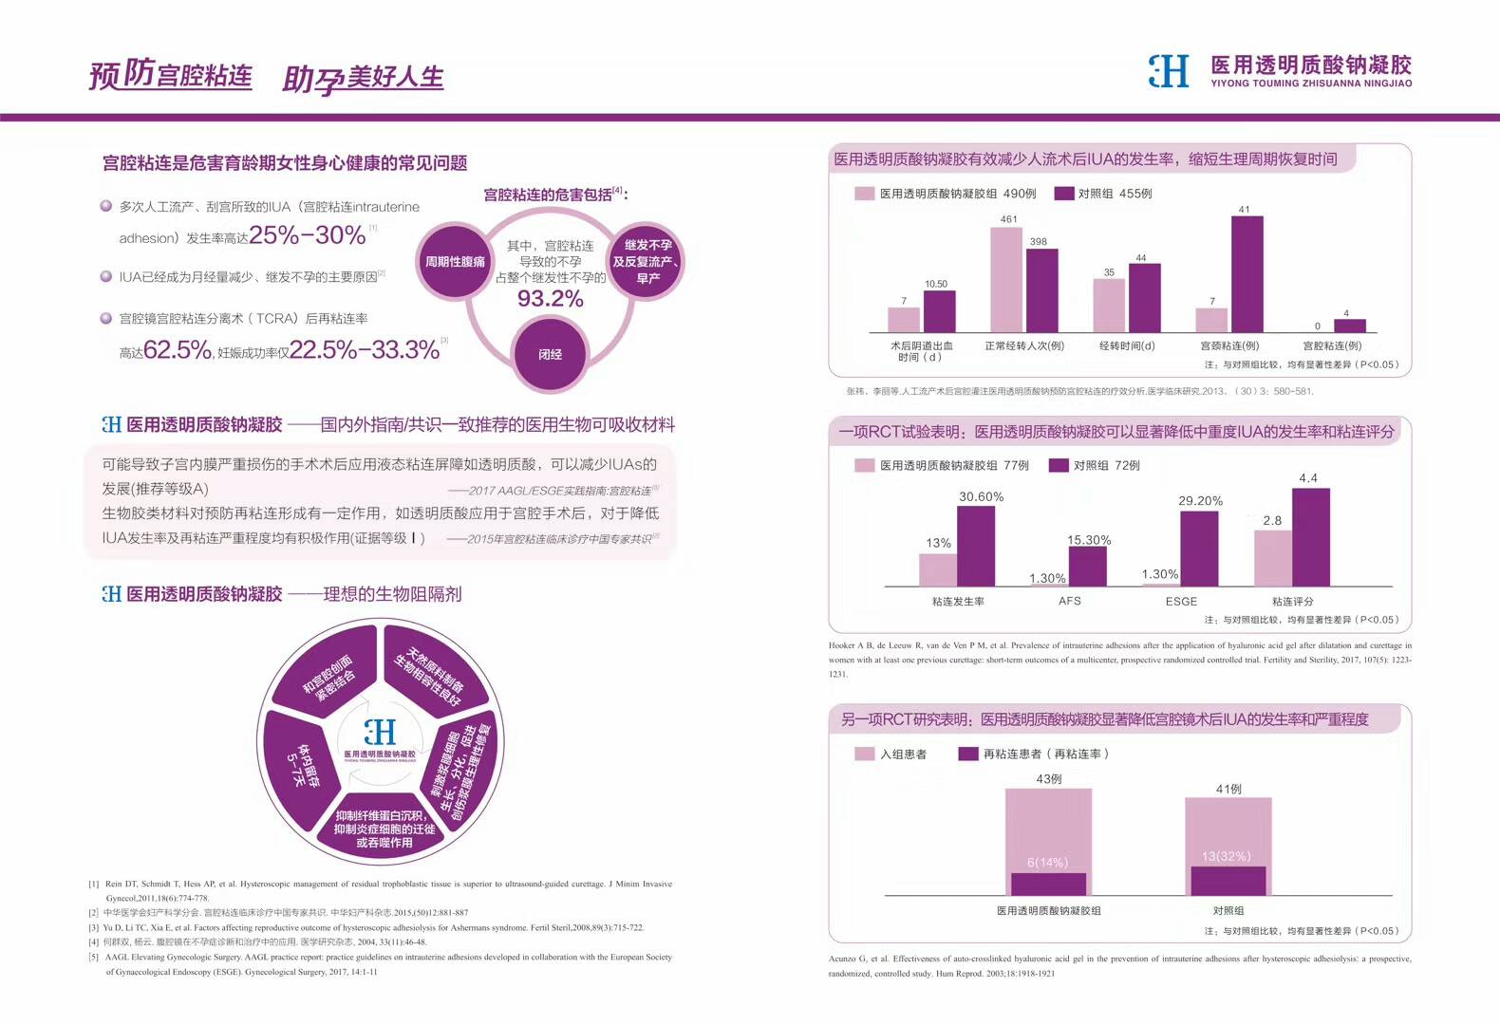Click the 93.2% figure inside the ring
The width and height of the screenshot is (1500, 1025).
pos(550,299)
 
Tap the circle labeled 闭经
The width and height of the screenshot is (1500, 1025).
pos(550,354)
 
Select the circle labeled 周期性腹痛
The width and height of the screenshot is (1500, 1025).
pos(455,261)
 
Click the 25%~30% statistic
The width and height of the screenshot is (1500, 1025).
pos(307,234)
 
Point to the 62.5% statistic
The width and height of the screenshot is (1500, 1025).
pos(178,350)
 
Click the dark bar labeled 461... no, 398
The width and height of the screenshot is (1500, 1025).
pos(1041,290)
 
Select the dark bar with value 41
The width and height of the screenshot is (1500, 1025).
pos(1247,273)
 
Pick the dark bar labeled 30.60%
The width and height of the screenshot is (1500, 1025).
pos(976,546)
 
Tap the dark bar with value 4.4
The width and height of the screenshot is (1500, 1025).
pos(1310,537)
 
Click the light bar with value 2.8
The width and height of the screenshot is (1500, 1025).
pos(1272,558)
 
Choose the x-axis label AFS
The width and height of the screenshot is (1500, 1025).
pos(1069,602)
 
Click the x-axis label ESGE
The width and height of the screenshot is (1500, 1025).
pos(1181,602)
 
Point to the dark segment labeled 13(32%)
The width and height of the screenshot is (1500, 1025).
pos(1228,880)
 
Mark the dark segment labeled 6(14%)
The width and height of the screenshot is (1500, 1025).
pos(1048,884)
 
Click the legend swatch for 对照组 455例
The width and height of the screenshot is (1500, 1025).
pos(1063,194)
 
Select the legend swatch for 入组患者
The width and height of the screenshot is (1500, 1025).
pos(864,754)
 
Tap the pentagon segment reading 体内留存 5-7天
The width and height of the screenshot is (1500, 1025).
pos(301,765)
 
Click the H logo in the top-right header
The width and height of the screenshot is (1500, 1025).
pos(1169,71)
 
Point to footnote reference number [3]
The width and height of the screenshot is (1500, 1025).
pos(94,928)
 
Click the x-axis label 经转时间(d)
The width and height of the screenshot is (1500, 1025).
pos(1127,346)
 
